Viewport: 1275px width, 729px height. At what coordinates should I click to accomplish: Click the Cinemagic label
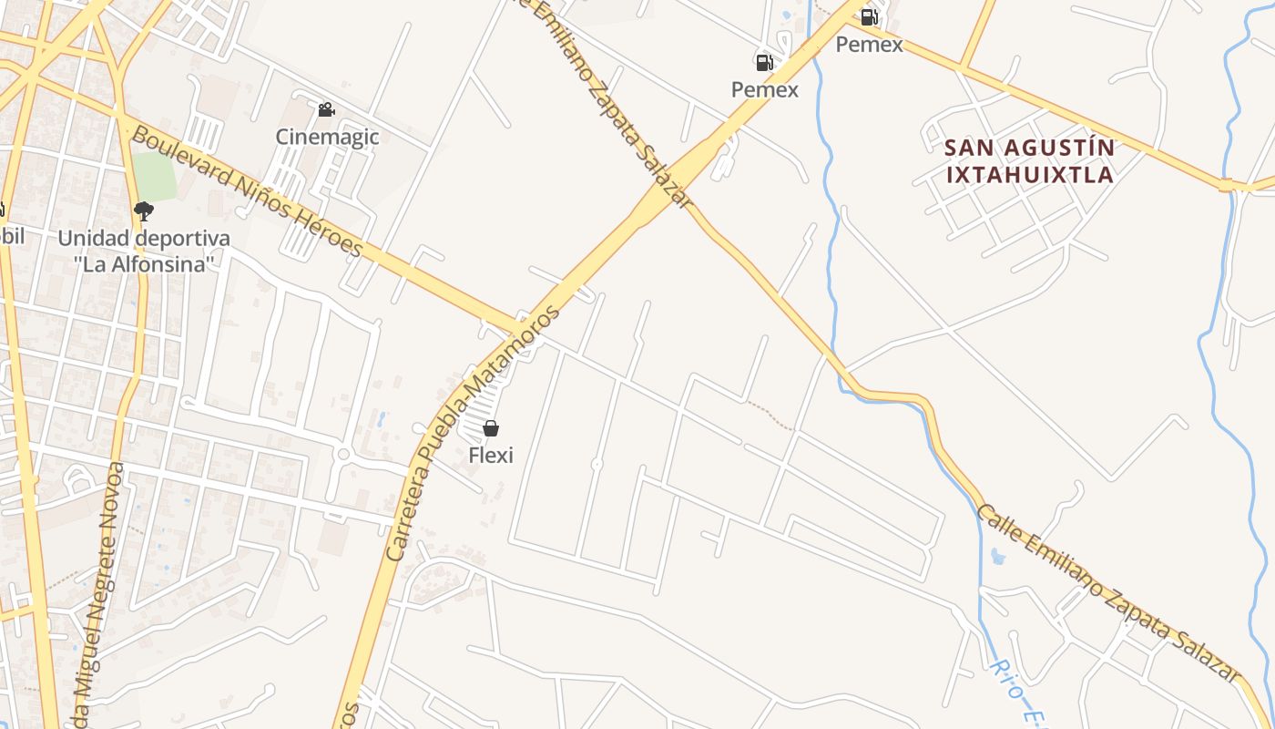327,137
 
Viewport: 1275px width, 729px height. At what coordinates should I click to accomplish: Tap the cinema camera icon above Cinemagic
326,110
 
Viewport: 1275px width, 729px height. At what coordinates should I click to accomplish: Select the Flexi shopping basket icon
491,428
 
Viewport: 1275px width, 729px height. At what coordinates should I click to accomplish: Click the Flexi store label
491,454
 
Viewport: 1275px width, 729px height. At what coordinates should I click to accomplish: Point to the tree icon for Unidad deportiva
143,211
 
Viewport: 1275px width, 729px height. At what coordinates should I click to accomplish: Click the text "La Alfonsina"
144,264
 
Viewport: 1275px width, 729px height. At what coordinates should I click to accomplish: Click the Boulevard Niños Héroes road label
246,191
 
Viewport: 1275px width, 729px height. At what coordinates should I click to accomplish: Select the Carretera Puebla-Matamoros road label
469,433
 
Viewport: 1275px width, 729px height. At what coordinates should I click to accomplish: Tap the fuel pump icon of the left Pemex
764,62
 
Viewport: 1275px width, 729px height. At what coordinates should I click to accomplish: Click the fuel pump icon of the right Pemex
869,16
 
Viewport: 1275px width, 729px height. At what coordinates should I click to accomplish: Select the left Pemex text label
765,89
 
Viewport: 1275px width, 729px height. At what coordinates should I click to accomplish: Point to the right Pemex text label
870,44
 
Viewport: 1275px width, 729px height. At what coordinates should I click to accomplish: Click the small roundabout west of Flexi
343,454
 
